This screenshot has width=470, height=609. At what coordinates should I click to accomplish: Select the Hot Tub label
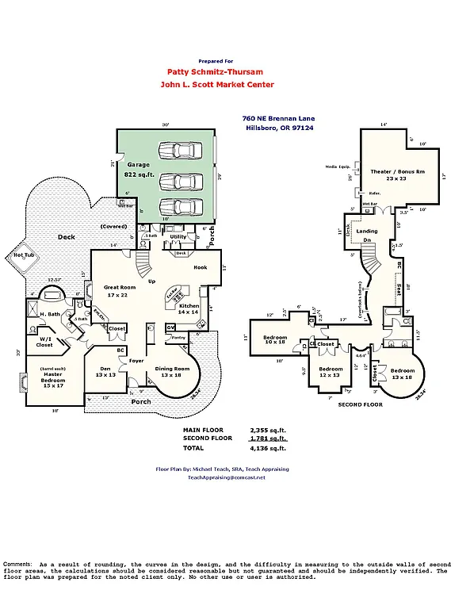[22, 255]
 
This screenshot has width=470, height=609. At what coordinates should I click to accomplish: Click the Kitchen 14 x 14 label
[189, 309]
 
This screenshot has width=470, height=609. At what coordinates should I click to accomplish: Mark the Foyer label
[136, 361]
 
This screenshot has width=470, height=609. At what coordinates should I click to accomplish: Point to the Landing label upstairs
[367, 232]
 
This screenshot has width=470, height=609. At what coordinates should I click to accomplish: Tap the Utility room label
[178, 236]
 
